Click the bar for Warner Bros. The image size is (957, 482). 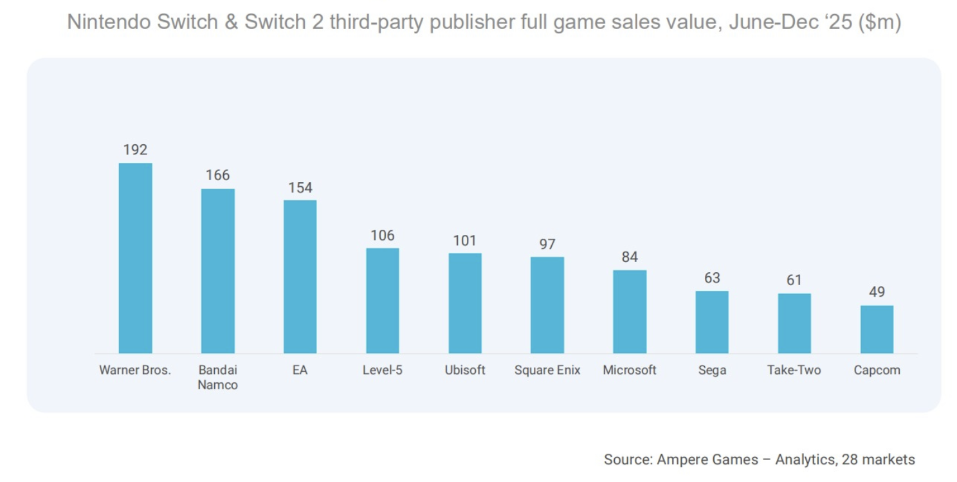point(135,258)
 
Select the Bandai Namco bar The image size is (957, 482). point(217,271)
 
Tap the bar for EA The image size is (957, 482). point(300,277)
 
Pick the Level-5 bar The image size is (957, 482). point(382,301)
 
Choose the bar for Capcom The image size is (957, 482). point(877,329)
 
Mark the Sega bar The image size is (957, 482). point(711,322)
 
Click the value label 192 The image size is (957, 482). point(135,150)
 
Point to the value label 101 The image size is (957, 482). point(464,241)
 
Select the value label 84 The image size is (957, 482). point(629,257)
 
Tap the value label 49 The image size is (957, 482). point(877,292)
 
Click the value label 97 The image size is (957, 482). point(547,245)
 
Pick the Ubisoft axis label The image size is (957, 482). point(464,370)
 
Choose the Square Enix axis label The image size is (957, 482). point(547,370)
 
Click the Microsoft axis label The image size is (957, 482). point(629,370)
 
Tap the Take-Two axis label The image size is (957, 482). point(794,370)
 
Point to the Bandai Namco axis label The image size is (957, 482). point(217,378)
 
